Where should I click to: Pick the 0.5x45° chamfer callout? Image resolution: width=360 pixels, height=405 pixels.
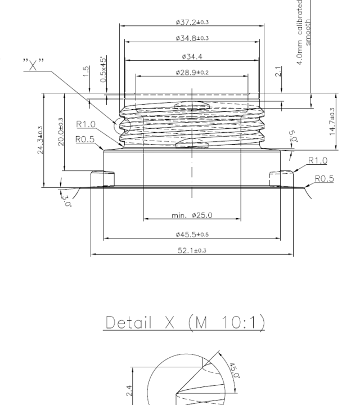(x=103, y=70)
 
